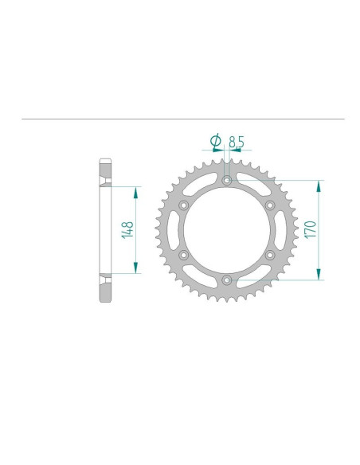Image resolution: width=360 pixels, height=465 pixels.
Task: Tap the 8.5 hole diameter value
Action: click(237, 142)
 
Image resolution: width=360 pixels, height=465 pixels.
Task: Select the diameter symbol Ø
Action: click(215, 142)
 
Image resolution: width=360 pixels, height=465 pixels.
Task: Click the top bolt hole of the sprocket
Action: click(227, 182)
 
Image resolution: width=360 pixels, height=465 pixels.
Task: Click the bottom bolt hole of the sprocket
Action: click(227, 279)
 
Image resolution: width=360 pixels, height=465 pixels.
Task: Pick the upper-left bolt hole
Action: click(185, 205)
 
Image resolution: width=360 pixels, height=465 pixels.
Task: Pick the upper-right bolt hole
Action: click(269, 205)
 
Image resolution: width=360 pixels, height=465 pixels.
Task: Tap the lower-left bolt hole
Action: click(185, 255)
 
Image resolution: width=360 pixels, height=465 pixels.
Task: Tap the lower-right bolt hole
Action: click(269, 255)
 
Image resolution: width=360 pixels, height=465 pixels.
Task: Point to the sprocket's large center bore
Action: click(227, 231)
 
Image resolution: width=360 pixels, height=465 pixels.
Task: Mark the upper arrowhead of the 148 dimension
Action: click(136, 192)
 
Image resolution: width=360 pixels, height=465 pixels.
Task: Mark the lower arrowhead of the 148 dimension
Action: click(136, 269)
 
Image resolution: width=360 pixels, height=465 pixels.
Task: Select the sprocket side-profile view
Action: click(105, 231)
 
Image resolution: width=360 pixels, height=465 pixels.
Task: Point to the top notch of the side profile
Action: click(105, 182)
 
